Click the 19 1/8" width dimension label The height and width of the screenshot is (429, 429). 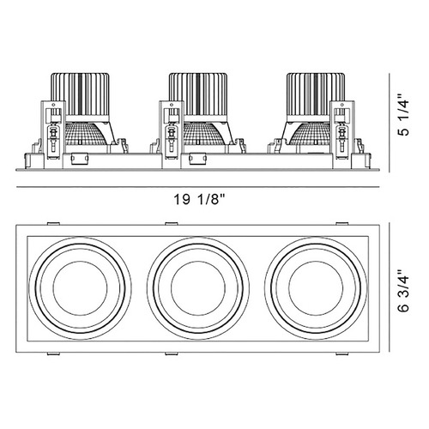coord(200,199)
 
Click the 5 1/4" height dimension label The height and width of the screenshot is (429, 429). coord(404,115)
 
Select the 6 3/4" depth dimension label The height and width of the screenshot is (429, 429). coord(404,290)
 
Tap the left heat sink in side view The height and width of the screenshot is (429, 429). coord(81,97)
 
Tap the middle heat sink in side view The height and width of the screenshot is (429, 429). coord(198,97)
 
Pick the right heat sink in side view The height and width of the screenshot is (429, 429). coord(316,97)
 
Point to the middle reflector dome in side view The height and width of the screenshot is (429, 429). coord(202,133)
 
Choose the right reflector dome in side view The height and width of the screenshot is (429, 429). coord(311,133)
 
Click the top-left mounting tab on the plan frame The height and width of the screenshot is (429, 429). coord(53,223)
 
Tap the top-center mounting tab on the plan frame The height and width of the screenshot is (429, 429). coord(172,223)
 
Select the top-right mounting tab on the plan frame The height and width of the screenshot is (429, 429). coord(342,223)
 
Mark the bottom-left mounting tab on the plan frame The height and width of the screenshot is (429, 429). coord(53,353)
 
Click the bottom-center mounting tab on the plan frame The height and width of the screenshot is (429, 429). coord(172,353)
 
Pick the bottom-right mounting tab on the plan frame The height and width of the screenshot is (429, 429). coord(342,353)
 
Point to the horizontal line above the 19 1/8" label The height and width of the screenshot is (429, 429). coord(198,187)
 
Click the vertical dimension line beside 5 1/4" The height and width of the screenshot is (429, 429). coord(390,123)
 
